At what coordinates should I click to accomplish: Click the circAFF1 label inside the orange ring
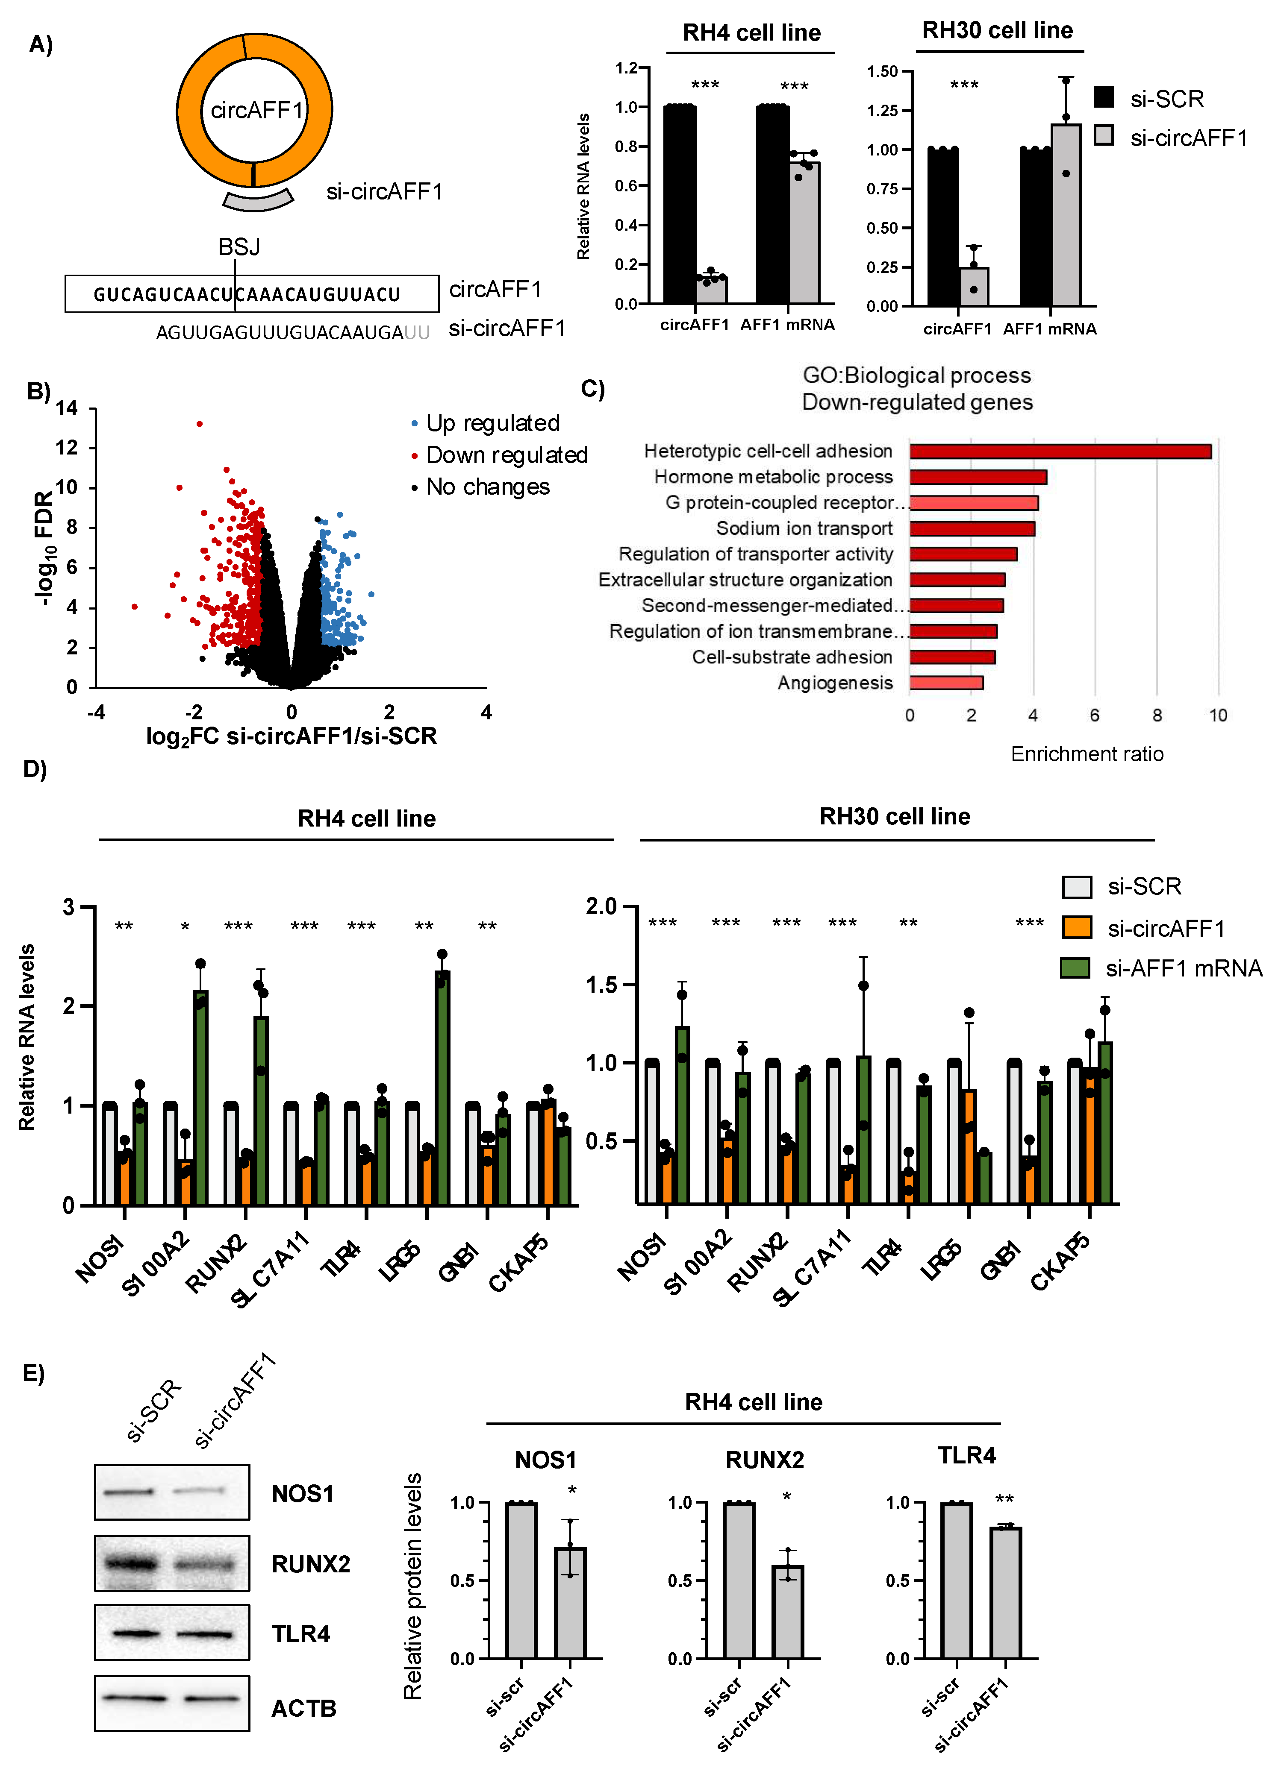tap(256, 110)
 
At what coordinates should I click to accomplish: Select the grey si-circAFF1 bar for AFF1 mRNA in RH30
tap(1066, 215)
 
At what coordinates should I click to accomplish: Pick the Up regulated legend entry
tap(492, 423)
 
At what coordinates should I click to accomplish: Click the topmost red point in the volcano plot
tap(200, 424)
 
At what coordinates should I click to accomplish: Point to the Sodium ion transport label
tap(804, 529)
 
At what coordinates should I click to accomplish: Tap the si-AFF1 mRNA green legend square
tap(1075, 968)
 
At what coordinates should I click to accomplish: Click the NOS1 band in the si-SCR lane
tap(129, 1492)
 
